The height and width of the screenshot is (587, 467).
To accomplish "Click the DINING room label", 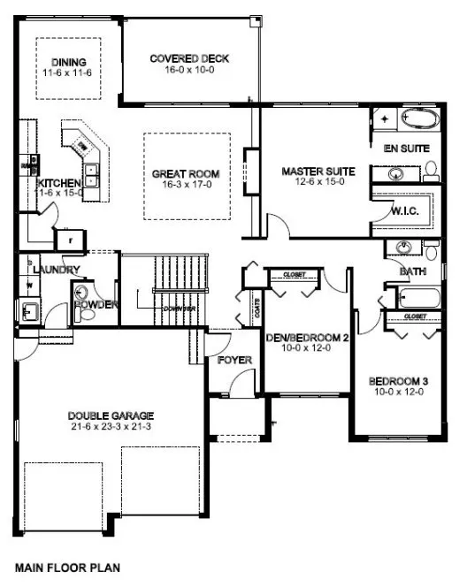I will point(68,62).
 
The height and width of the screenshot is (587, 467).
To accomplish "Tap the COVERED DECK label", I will point(189,58).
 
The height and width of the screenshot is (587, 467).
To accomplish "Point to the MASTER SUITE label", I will point(318,170).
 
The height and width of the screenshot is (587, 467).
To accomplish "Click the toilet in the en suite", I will point(431,169).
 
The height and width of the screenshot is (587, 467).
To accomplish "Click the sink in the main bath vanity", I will point(403,247).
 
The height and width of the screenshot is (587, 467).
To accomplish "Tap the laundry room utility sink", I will point(28,310).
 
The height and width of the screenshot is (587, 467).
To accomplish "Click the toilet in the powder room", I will point(84,293).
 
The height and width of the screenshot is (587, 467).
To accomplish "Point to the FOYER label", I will point(234,361).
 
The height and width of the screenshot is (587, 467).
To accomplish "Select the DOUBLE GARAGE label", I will point(111,415).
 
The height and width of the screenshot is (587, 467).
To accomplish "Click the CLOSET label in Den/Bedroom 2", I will point(295,275).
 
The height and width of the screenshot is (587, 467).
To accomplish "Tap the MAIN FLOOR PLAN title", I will point(67,568).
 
